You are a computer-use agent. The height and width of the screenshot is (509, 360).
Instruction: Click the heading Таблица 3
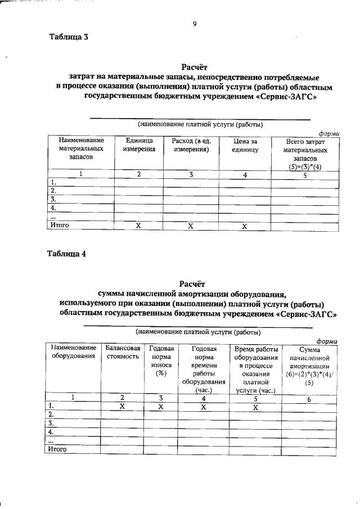pos(69,38)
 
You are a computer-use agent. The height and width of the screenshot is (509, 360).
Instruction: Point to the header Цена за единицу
pos(245,145)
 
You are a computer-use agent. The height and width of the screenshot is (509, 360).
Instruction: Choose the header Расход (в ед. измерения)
pos(191,145)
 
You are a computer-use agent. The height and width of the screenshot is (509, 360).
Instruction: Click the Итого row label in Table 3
pos(60,226)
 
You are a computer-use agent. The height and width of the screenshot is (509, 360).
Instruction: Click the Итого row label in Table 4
pos(58,449)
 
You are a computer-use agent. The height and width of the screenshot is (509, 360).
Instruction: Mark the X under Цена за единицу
pos(245,226)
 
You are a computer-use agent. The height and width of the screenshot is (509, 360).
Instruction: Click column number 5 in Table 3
pos(304,174)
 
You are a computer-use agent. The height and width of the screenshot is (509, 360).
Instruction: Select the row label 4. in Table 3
pos(53,208)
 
